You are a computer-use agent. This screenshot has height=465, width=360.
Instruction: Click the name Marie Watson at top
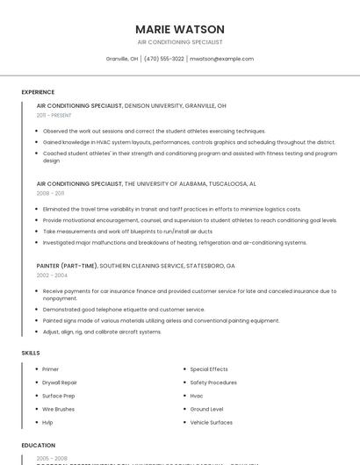click(180, 29)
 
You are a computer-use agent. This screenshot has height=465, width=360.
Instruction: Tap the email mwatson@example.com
click(221, 59)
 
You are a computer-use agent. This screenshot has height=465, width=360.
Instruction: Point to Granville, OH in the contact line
click(122, 59)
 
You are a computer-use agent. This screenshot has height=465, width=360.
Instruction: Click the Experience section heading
click(38, 92)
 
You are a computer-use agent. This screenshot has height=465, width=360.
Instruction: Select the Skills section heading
click(31, 353)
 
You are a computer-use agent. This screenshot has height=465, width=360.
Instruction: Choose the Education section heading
click(37, 445)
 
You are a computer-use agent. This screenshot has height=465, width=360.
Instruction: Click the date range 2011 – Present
click(54, 115)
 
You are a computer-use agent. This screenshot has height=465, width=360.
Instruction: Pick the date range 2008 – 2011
click(51, 193)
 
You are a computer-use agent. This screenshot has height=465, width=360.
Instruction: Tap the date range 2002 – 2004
click(52, 275)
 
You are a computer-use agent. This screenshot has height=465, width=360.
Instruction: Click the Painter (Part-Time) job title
click(67, 265)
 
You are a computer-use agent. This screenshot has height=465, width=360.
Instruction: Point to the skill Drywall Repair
click(60, 383)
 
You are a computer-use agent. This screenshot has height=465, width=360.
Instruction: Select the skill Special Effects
click(209, 369)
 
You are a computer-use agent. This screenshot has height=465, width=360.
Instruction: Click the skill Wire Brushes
click(59, 409)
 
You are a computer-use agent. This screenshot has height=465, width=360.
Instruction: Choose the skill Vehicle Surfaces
click(212, 422)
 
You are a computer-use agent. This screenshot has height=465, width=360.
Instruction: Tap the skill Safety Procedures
click(213, 383)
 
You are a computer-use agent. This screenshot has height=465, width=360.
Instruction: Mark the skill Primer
click(51, 369)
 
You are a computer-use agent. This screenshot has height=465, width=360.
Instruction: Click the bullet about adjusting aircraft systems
click(102, 332)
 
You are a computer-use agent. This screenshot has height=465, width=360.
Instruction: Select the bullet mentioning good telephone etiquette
click(124, 310)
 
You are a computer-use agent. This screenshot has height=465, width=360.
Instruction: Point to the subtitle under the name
click(180, 42)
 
